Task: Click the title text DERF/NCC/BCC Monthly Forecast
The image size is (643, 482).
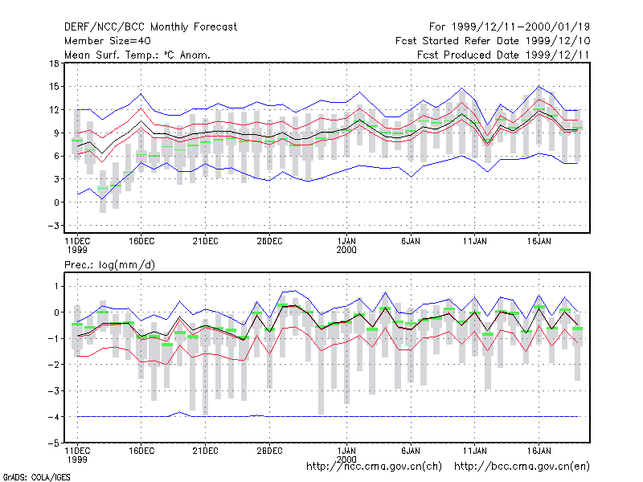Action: coord(150,27)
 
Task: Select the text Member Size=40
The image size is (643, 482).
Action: coord(108,41)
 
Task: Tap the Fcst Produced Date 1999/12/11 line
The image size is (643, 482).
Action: coord(503,55)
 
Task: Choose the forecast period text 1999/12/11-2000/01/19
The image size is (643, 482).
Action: coord(520,27)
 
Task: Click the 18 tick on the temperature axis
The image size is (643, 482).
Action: coord(54,63)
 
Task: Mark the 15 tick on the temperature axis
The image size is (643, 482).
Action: coord(54,87)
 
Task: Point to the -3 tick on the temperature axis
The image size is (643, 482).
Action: coord(53,226)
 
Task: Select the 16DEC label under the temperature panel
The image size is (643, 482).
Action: coord(141,241)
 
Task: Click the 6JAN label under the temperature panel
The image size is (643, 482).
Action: coord(411,241)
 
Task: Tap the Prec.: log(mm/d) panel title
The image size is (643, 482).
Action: coord(109,265)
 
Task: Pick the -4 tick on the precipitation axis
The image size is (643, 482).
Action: coord(53,417)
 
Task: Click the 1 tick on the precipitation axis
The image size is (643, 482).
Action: coord(56,286)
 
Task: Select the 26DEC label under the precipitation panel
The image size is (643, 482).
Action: coord(269,451)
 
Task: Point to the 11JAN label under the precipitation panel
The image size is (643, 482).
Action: coord(474,451)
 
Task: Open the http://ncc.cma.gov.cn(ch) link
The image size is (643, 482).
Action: coord(374,467)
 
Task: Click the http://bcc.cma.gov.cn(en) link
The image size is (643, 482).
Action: coord(522,467)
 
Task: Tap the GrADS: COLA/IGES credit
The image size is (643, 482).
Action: coord(36,477)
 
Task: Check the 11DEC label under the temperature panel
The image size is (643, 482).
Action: coord(77,245)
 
